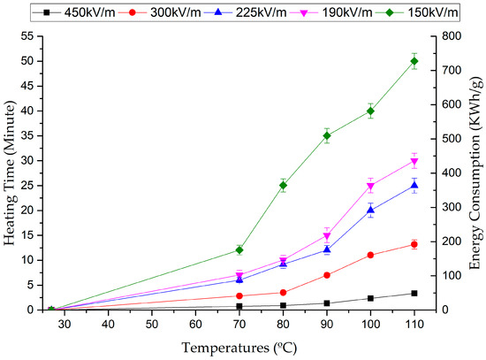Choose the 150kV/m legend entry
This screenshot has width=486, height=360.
415,11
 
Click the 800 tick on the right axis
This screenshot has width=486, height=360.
452,36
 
